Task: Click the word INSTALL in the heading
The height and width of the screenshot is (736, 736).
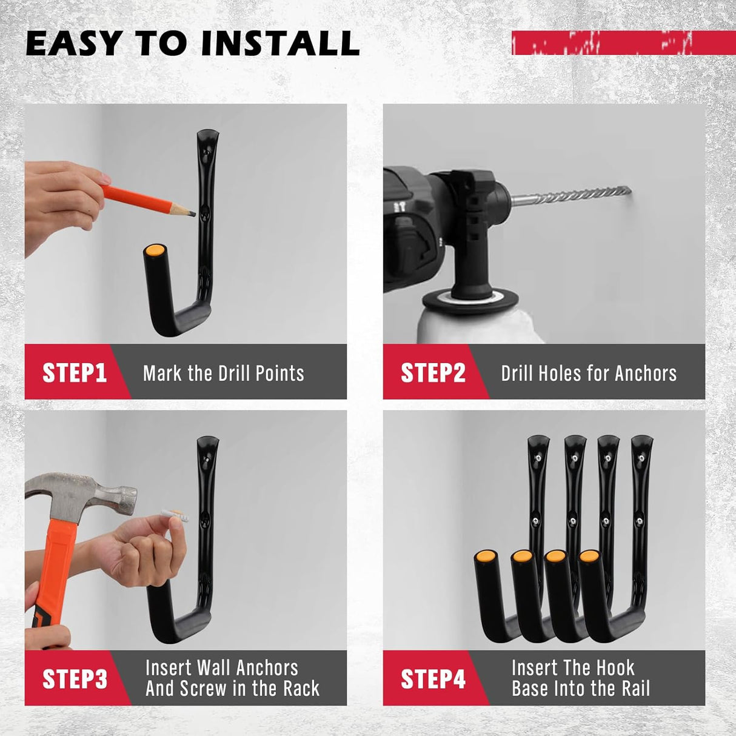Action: tap(280, 44)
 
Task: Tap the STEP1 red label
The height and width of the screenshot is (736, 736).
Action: tap(74, 372)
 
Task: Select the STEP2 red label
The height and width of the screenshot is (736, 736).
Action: tap(432, 372)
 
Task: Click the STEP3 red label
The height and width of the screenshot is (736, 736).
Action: tap(74, 678)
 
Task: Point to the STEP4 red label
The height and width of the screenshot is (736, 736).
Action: tap(432, 678)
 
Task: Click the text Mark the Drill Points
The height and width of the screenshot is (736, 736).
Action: tap(223, 373)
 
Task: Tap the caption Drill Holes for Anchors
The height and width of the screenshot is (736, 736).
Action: tap(588, 373)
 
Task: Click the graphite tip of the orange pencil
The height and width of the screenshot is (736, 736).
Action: tap(191, 213)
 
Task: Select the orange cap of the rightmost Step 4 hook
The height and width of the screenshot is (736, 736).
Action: tap(589, 557)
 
